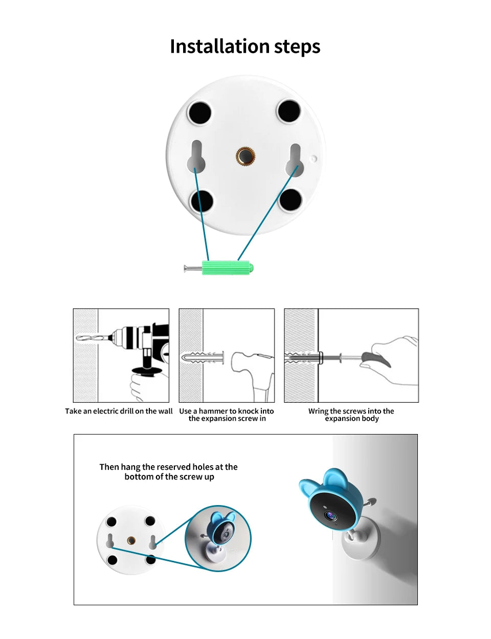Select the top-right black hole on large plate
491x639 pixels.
(288, 111)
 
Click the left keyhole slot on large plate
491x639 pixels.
(196, 156)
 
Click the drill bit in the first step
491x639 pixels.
(92, 338)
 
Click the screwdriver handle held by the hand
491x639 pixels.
(376, 359)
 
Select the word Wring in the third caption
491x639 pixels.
(318, 411)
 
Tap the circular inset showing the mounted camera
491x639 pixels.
(218, 538)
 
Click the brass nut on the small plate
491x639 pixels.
(131, 540)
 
